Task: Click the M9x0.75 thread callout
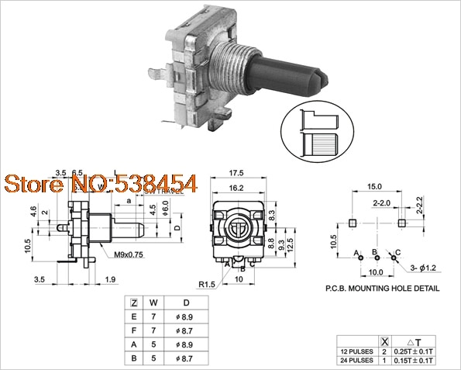(129, 254)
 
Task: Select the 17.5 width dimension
(238, 172)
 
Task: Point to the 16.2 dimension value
(238, 188)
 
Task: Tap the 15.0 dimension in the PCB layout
(375, 187)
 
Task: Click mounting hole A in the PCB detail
(362, 258)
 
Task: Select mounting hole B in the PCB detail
(377, 258)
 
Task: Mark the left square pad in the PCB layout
(352, 223)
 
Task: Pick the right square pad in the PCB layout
(401, 223)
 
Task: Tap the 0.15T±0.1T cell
(412, 361)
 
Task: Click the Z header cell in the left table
(135, 302)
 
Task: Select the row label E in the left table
(135, 316)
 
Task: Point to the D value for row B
(184, 359)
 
